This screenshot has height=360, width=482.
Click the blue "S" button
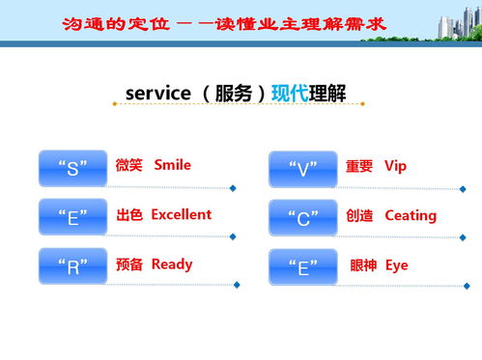pos(72,168)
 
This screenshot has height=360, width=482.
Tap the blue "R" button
pos(72,266)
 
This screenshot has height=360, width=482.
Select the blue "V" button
pos(302,169)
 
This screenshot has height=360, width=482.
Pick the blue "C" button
pos(302,218)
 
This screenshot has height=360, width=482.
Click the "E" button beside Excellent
pos(72,217)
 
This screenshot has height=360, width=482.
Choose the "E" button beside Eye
pos(302,267)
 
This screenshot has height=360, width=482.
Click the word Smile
pos(173,165)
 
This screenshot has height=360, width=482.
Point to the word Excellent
pos(181,214)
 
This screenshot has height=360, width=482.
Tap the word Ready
pos(172,264)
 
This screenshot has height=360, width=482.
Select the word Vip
pos(396,166)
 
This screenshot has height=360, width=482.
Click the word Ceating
pos(411,215)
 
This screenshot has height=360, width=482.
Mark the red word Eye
pos(397,265)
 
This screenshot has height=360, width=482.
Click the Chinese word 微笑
pos(128,165)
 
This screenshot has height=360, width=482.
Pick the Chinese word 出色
pos(128,214)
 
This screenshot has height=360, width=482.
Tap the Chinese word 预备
pos(128,264)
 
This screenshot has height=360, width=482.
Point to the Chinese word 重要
pos(359,166)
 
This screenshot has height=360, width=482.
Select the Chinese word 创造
pos(359,215)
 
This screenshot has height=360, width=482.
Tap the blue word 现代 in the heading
pos(289,94)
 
